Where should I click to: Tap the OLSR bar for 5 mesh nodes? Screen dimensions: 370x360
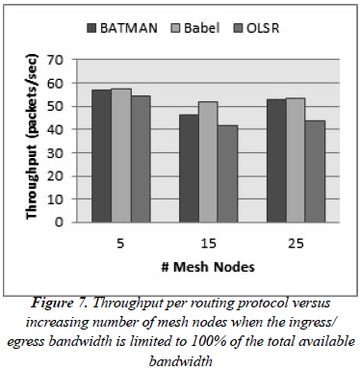(141, 158)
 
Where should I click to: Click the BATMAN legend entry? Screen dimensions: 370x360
(121, 28)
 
